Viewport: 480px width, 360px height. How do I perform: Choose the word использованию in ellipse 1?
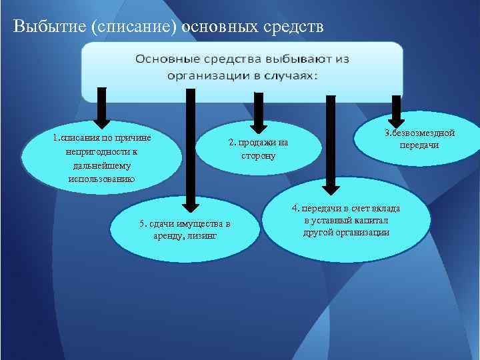(101, 179)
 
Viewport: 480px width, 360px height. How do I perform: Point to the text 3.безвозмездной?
(419, 133)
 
